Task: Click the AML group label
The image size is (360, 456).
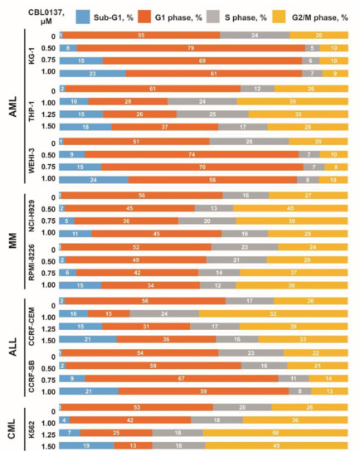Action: pos(11,107)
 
